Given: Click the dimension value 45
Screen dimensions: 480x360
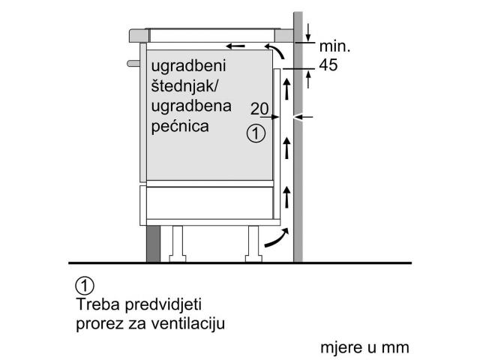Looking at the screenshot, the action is (328, 65).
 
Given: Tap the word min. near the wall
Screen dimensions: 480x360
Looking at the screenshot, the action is (334, 46).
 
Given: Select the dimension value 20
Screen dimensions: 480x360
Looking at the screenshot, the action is (259, 109).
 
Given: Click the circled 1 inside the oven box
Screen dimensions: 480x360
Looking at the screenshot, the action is (256, 133).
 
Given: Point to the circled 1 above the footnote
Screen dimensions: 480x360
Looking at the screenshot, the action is (85, 286).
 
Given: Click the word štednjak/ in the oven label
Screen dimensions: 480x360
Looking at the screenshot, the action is (184, 86).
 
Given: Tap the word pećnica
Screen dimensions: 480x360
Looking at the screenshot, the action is (180, 126).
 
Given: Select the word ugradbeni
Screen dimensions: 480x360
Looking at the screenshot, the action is (188, 67).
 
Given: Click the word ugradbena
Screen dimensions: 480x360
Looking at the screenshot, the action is (191, 106).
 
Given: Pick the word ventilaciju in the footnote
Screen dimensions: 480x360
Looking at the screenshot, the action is (188, 323).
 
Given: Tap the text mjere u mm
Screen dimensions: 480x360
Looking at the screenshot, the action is (364, 348).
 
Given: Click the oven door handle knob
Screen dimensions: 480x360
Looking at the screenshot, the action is (133, 63).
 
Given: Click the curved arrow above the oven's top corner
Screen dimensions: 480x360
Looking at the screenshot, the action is (274, 50).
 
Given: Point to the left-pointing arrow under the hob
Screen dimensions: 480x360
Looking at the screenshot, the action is (235, 46).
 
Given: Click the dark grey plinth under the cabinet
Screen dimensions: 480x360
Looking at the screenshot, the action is (153, 244).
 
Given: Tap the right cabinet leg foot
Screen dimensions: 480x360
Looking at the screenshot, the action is (253, 259).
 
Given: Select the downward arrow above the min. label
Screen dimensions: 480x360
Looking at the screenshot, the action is (308, 32).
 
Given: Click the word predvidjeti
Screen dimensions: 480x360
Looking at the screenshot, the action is (163, 305).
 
